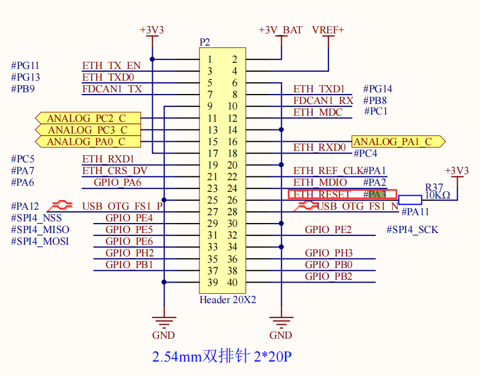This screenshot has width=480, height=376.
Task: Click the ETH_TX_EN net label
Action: [x=111, y=66]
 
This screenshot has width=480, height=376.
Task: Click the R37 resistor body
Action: [x=410, y=200]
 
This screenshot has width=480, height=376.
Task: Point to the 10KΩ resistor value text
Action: [x=438, y=195]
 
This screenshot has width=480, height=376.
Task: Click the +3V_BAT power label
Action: [x=281, y=30]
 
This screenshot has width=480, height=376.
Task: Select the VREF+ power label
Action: [x=328, y=30]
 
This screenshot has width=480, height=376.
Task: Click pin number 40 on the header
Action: [x=232, y=283]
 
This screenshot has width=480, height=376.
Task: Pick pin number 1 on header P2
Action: [x=209, y=60]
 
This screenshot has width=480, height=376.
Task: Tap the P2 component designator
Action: [x=205, y=43]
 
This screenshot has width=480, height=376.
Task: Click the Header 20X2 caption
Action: [x=228, y=300]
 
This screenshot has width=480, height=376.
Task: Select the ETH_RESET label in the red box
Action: [x=322, y=195]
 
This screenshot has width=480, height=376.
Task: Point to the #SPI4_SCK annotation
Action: [x=412, y=230]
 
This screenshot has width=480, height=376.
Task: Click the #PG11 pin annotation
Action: [x=25, y=66]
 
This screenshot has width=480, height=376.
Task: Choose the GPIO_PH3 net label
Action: [x=328, y=253]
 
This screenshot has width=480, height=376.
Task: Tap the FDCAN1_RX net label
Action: [x=323, y=101]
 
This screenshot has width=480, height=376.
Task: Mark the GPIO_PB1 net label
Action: [x=129, y=265]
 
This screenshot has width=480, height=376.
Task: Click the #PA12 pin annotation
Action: [x=25, y=206]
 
